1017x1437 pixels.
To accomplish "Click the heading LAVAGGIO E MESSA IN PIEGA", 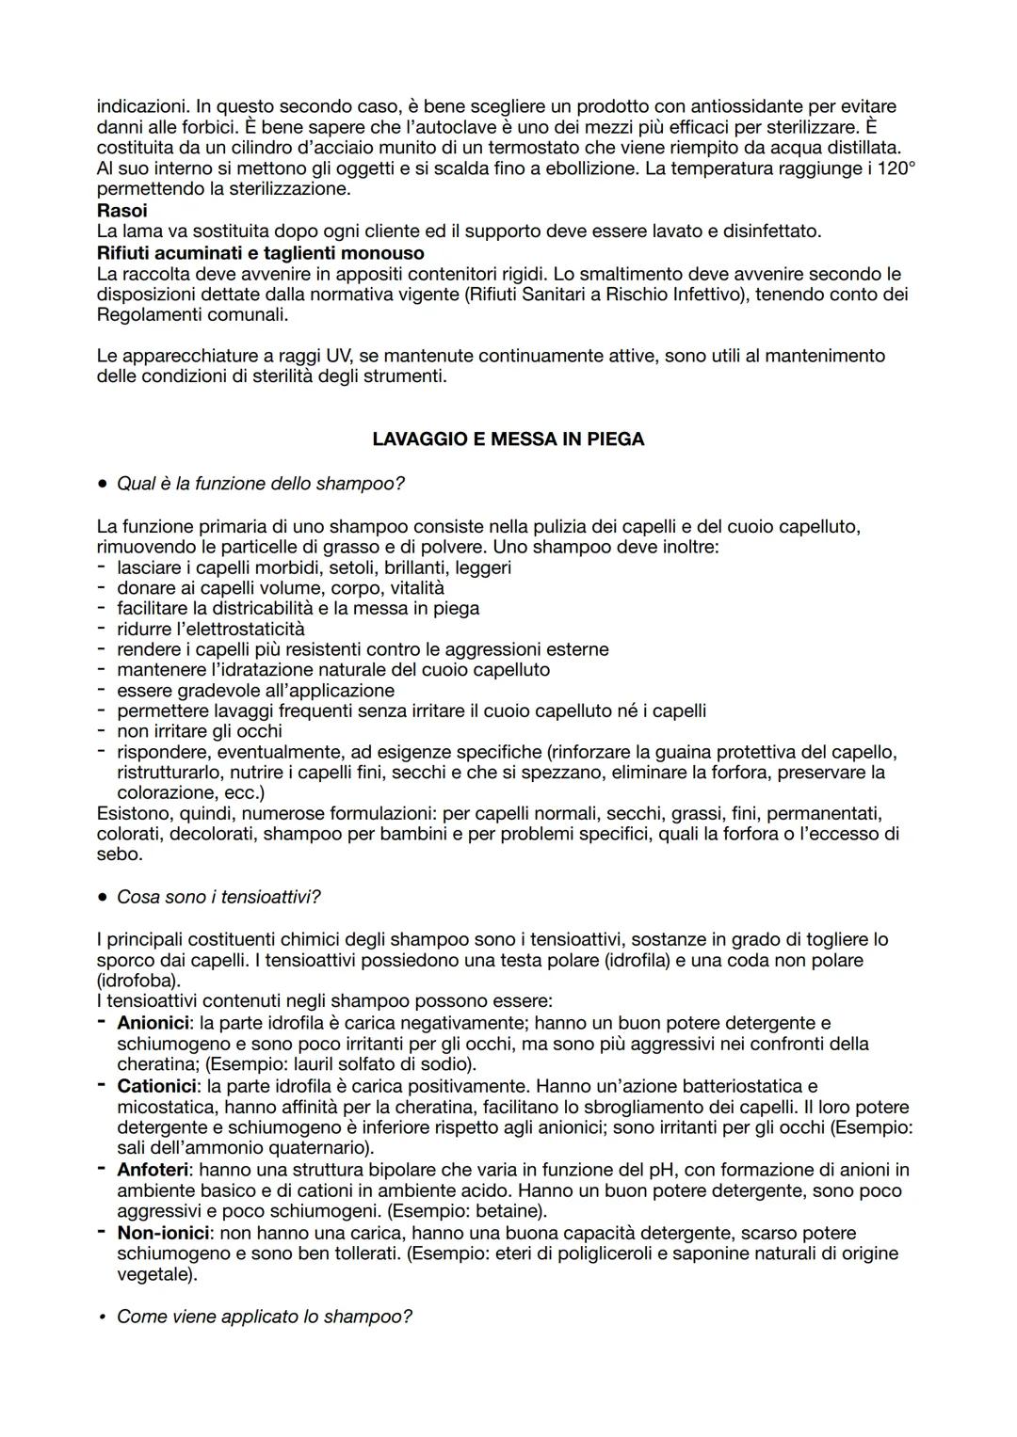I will click(x=508, y=439).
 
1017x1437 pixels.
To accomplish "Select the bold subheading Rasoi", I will click(x=122, y=211).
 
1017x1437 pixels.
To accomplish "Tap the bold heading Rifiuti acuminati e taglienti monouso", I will click(x=261, y=252).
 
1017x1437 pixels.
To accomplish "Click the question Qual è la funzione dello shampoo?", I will click(x=261, y=484).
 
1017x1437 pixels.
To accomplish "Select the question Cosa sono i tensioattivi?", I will click(x=218, y=897).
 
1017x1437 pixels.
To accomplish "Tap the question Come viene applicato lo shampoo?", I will click(x=265, y=1316).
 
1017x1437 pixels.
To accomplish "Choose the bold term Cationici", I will click(x=155, y=1086).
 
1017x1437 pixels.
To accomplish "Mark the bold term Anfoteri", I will click(x=153, y=1170).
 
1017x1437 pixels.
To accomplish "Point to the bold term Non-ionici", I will click(x=163, y=1233).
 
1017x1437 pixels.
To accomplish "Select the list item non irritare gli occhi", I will click(x=200, y=731).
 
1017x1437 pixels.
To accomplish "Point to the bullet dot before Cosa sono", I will click(x=102, y=897).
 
